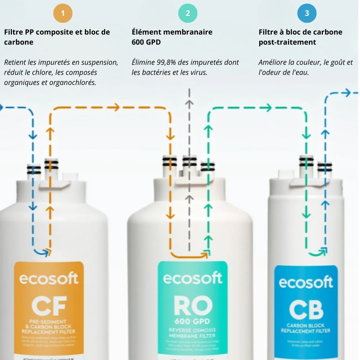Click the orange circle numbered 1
pyautogui.click(x=63, y=14)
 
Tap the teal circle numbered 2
pyautogui.click(x=188, y=14)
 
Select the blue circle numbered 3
pyautogui.click(x=307, y=14)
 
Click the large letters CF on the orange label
pyautogui.click(x=49, y=305)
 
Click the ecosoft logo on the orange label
pyautogui.click(x=49, y=279)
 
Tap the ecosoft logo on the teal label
pyautogui.click(x=193, y=278)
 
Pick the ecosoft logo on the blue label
pyautogui.click(x=306, y=283)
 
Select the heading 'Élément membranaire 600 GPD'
pyautogui.click(x=172, y=37)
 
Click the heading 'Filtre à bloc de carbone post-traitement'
pyautogui.click(x=300, y=37)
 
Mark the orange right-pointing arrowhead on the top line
pyautogui.click(x=115, y=107)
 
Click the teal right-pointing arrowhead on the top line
pyautogui.click(x=267, y=107)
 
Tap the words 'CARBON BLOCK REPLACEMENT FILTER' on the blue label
pyautogui.click(x=306, y=328)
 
